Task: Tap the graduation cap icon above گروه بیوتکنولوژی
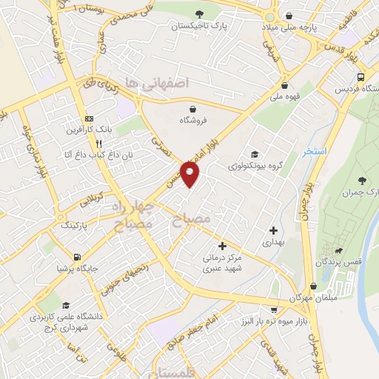pos(255,154)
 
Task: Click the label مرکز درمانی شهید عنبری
pos(222,264)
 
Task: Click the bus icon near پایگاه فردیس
pos(360,77)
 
